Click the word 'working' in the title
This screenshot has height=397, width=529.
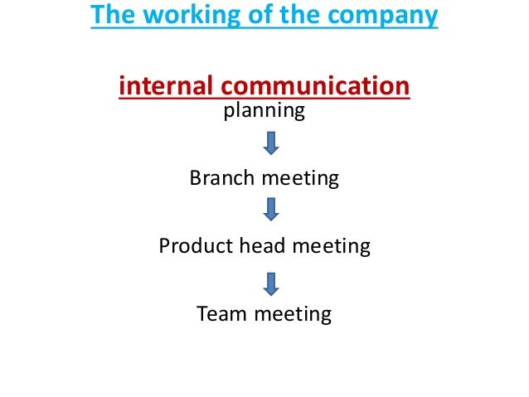[x=176, y=17]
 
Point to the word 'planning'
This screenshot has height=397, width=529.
[x=264, y=110]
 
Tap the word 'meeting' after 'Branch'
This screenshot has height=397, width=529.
[x=300, y=178]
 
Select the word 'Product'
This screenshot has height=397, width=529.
[x=193, y=246]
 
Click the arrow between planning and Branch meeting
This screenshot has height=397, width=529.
[x=270, y=143]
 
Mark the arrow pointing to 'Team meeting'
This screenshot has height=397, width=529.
[x=270, y=282]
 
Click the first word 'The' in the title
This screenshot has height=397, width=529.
[x=109, y=17]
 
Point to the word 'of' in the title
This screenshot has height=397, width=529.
[x=240, y=17]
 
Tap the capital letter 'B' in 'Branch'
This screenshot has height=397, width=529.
[x=196, y=177]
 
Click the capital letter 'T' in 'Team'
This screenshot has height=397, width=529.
[x=202, y=315]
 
